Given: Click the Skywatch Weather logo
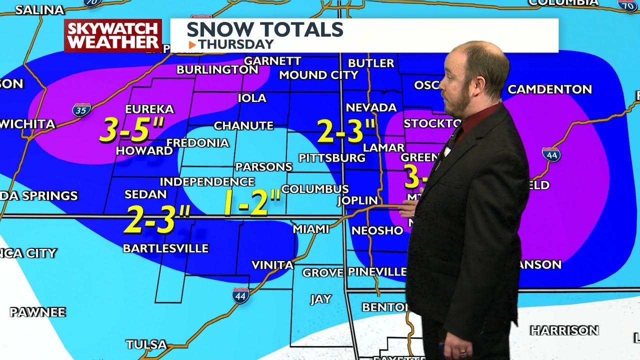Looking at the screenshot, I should tap(113, 35).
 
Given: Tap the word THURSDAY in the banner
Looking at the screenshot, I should tap(236, 44).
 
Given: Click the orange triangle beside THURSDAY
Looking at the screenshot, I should tap(192, 45).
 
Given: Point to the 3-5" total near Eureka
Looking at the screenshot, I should tap(131, 130).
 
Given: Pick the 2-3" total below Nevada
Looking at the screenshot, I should tap(346, 131).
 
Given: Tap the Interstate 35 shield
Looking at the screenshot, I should tap(81, 110).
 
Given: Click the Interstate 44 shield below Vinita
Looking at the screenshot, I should tap(240, 295).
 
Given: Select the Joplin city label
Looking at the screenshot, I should tap(357, 200).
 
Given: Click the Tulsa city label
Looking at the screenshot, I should tap(146, 344).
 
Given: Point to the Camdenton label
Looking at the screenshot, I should tap(549, 89).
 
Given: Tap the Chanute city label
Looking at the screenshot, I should tap(243, 125).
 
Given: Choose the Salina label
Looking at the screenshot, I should tap(39, 10).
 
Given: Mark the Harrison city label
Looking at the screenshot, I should tap(564, 330).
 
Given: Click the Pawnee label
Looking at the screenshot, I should tap(37, 312).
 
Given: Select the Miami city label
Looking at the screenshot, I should tap(310, 229).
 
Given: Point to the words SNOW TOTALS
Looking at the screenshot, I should tap(264, 29).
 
